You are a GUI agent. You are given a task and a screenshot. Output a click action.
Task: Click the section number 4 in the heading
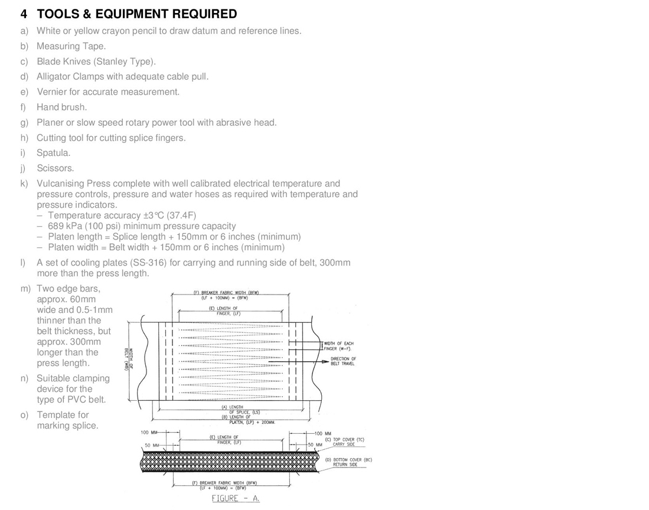tap(24, 14)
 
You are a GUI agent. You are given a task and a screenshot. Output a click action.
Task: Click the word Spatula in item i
tap(53, 153)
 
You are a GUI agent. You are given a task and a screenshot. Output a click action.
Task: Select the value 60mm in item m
tap(83, 299)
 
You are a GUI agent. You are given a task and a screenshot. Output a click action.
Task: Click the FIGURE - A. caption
tap(236, 498)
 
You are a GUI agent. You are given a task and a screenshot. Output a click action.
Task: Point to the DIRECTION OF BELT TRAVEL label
tap(343, 361)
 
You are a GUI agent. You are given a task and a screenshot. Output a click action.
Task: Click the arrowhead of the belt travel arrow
tap(325, 361)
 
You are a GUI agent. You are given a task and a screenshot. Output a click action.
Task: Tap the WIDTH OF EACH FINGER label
tap(338, 346)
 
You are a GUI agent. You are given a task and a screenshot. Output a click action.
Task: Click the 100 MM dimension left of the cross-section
tap(149, 433)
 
